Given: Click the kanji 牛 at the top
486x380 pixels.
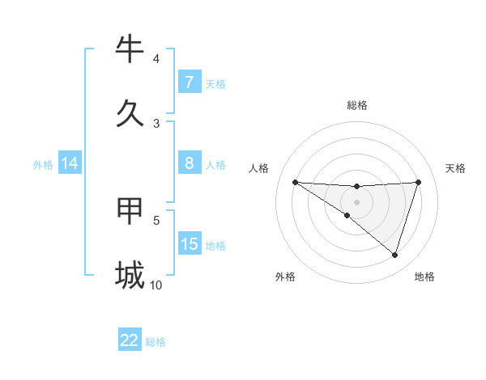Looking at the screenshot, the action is [x=130, y=50].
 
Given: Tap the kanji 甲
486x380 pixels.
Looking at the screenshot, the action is [x=130, y=211].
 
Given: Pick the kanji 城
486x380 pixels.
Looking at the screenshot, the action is [x=130, y=275].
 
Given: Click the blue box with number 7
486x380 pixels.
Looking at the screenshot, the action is [x=190, y=82].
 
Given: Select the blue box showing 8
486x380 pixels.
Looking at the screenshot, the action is [x=190, y=163].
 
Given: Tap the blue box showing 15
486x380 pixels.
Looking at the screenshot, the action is [x=190, y=244].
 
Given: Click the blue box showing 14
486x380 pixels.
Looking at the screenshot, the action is [x=70, y=163].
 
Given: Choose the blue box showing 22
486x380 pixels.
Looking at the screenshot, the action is [x=130, y=340].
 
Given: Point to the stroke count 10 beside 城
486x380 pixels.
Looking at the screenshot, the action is [x=156, y=285].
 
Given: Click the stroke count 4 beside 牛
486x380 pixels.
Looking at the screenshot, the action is [x=156, y=58].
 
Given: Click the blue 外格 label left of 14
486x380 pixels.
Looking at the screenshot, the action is [x=43, y=164].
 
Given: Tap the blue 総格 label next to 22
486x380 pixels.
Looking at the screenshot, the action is [x=156, y=342].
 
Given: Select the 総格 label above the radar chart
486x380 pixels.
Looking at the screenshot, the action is [x=357, y=105].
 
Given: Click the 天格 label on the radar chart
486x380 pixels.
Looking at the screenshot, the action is [x=456, y=168].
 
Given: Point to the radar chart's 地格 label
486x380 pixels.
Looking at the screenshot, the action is [x=424, y=277].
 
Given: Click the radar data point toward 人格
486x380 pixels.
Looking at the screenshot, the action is [x=295, y=182].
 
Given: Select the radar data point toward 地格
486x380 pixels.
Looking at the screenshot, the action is [x=394, y=255].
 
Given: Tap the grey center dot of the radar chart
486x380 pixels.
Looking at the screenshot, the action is [x=357, y=202].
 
